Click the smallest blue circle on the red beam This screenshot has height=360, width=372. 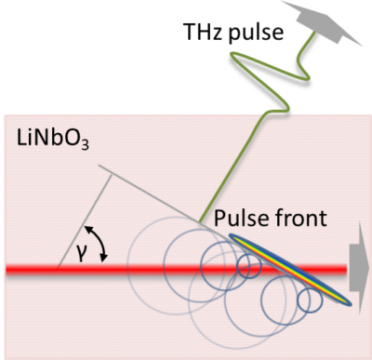coord(247,267)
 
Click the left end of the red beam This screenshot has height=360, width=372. coord(7,273)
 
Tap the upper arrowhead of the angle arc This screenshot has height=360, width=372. coord(86,226)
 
